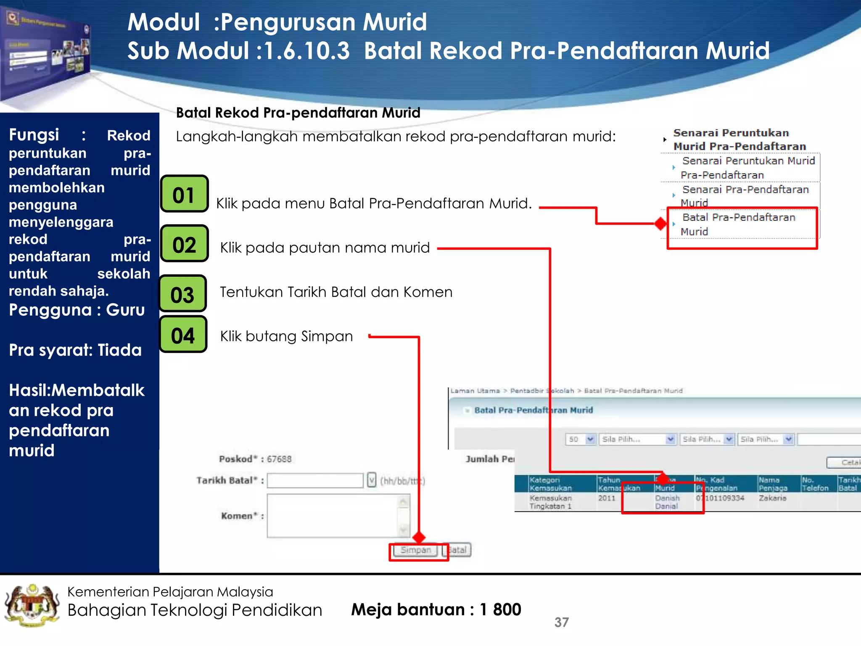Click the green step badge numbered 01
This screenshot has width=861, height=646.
click(x=184, y=194)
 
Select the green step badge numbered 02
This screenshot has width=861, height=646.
click(x=184, y=244)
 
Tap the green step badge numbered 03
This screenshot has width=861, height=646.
click(x=182, y=294)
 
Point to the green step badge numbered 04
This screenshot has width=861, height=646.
click(x=182, y=334)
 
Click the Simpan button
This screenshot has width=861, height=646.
click(x=415, y=550)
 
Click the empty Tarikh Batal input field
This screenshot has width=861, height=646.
click(x=315, y=480)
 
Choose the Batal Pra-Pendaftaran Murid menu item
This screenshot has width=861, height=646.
click(x=738, y=224)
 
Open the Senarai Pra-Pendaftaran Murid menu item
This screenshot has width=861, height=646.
click(x=745, y=196)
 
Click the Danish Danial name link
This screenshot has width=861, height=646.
click(x=667, y=502)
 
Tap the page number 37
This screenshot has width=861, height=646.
click(x=561, y=622)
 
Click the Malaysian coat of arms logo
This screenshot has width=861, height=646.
click(x=31, y=606)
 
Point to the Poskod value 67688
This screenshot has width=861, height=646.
click(x=279, y=459)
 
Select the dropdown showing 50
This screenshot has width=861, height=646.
click(x=580, y=439)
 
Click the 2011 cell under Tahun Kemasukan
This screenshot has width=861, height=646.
click(x=606, y=498)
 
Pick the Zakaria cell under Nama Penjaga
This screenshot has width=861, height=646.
click(x=772, y=498)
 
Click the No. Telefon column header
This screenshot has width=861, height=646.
click(x=814, y=484)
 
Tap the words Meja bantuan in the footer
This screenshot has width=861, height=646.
click(x=407, y=609)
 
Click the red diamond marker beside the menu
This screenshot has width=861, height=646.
click(x=660, y=223)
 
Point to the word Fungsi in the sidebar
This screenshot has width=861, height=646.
click(x=34, y=135)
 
